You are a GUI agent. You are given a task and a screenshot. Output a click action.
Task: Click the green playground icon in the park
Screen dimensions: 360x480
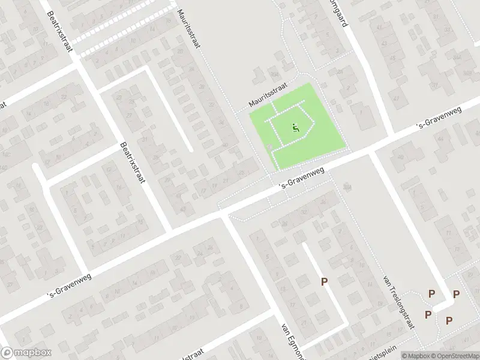coord(295,127)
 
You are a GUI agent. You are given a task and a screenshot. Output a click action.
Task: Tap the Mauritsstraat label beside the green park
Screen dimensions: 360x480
coord(269,96)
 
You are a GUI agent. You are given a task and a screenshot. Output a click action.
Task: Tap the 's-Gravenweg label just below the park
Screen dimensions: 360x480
coord(302,179)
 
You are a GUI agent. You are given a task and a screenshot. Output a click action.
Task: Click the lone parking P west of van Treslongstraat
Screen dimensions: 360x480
coord(325,282)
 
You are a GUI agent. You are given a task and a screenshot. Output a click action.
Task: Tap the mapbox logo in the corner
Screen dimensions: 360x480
coord(26,353)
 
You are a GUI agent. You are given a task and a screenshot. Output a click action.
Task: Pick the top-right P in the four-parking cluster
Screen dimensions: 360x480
coord(456,294)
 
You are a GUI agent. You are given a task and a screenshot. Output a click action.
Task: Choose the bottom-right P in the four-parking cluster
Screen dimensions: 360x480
coord(449,320)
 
